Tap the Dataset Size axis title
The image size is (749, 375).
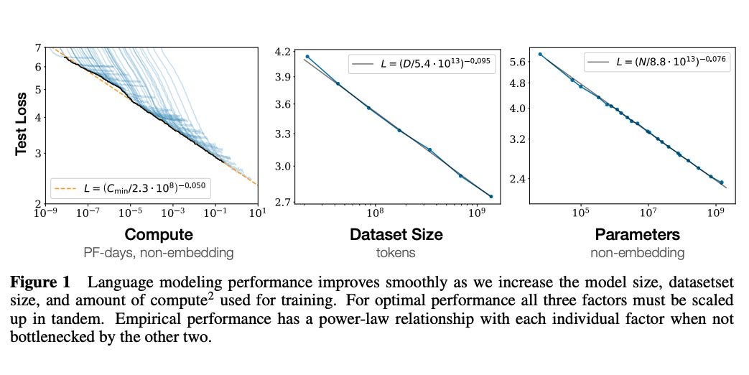pos(396,234)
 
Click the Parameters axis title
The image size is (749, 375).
pos(637,234)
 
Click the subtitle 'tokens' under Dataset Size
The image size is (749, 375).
pos(396,252)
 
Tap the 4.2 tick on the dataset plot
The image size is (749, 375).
pos(283,52)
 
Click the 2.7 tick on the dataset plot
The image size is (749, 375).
pos(283,202)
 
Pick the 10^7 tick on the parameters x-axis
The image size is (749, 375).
pos(648,213)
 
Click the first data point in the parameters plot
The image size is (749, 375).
pos(540,54)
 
